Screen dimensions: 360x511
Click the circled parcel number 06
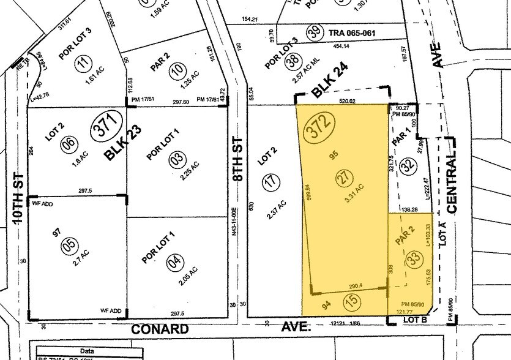pyautogui.click(x=69, y=144)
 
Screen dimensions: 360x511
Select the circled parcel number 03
pyautogui.click(x=177, y=160)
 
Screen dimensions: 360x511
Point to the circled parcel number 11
pyautogui.click(x=84, y=61)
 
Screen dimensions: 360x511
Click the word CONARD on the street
pyautogui.click(x=161, y=329)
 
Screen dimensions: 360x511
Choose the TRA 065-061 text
pyautogui.click(x=353, y=33)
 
